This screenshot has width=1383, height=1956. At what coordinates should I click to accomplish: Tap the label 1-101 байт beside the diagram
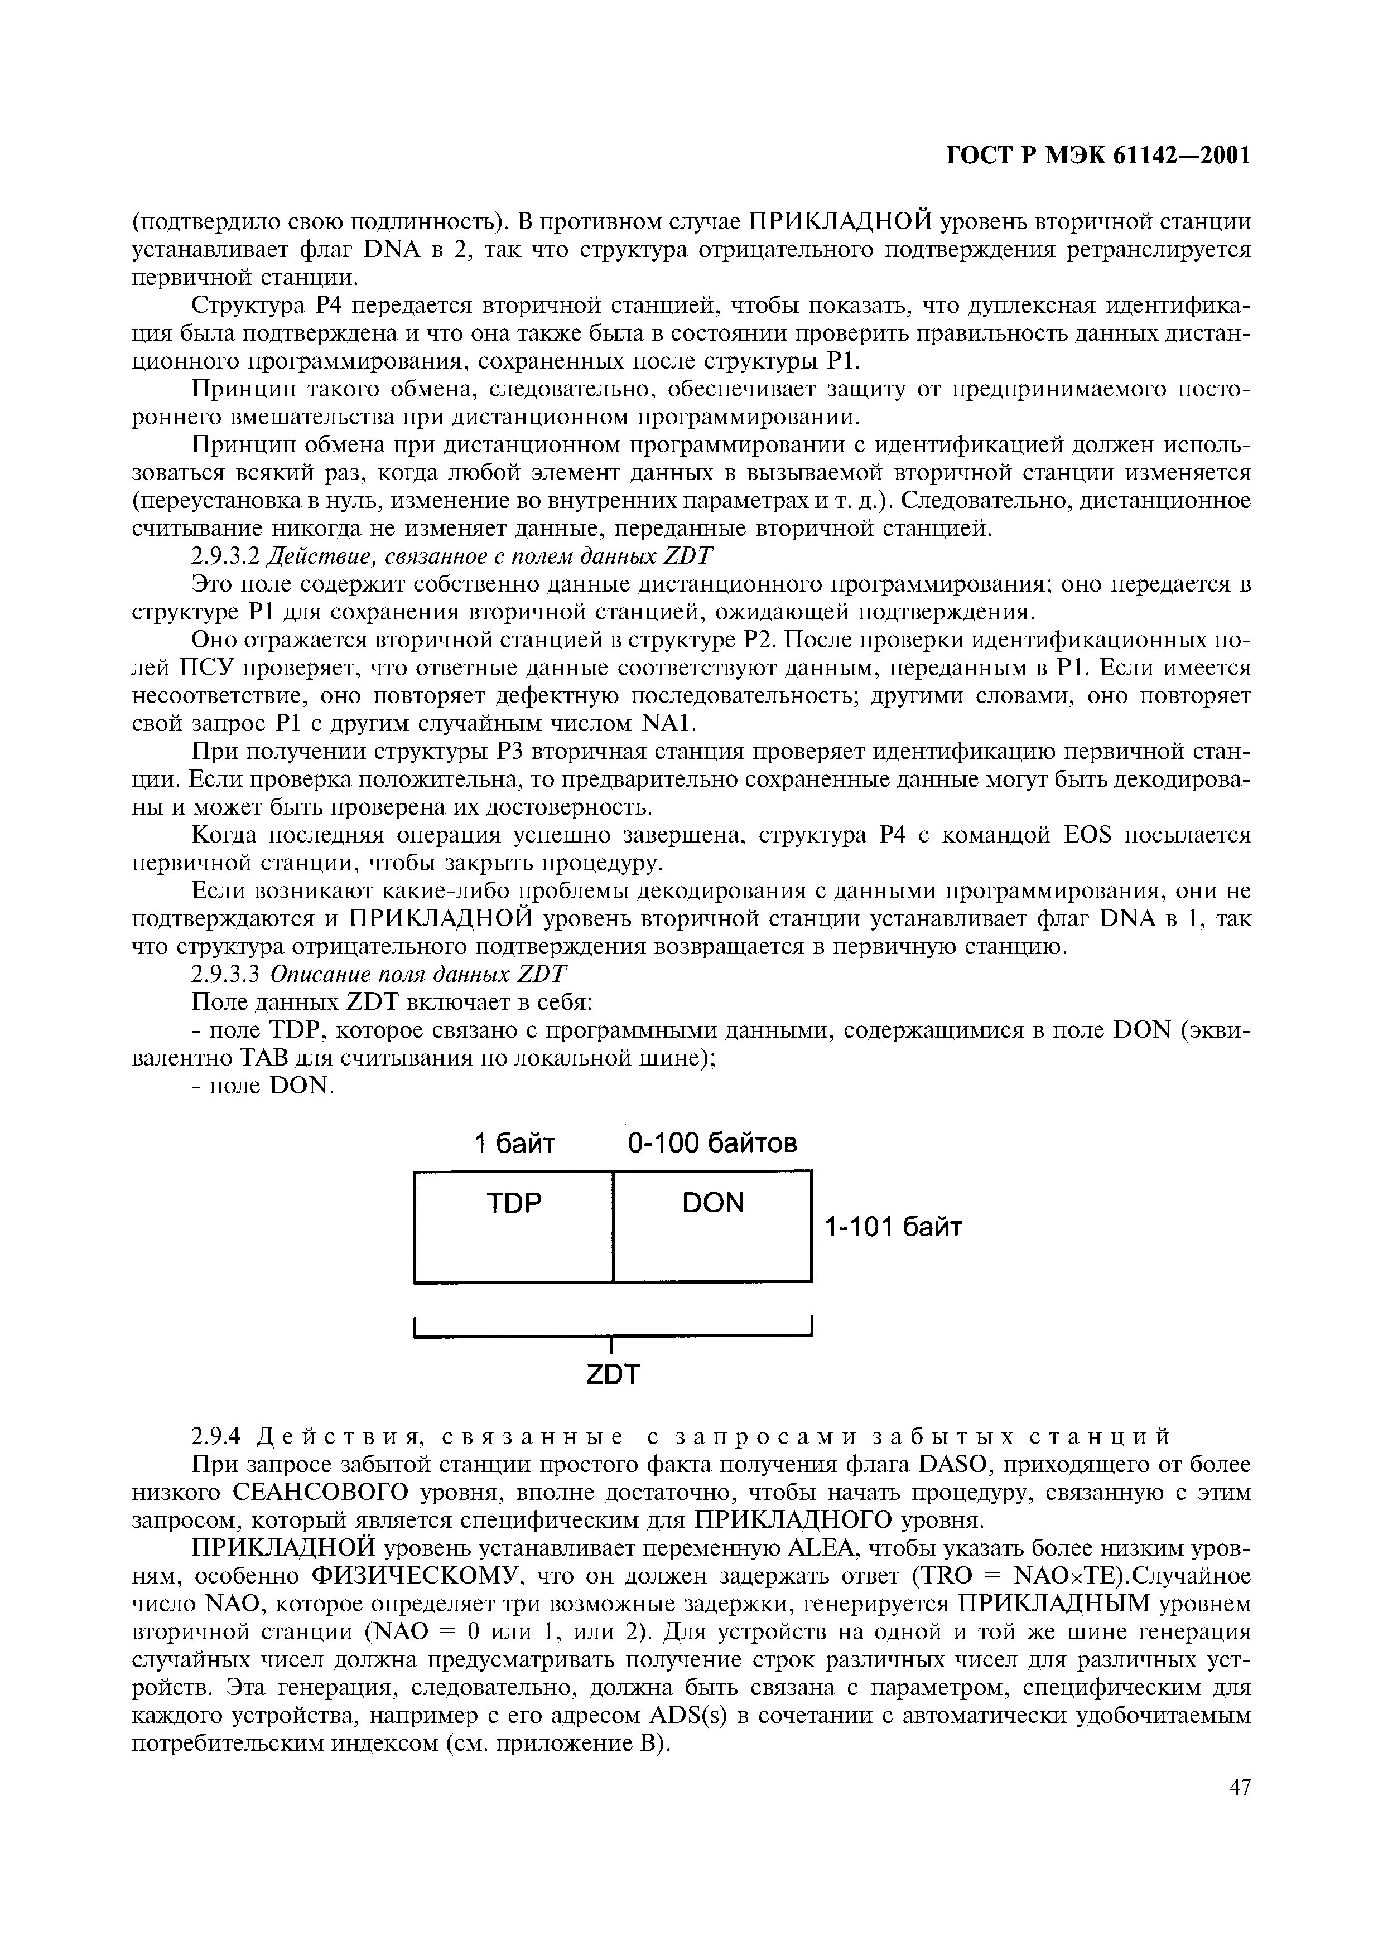(x=892, y=1228)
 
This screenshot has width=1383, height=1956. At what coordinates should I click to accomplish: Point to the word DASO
(x=955, y=1465)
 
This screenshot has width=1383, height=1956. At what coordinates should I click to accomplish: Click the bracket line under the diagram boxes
(x=613, y=1336)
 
